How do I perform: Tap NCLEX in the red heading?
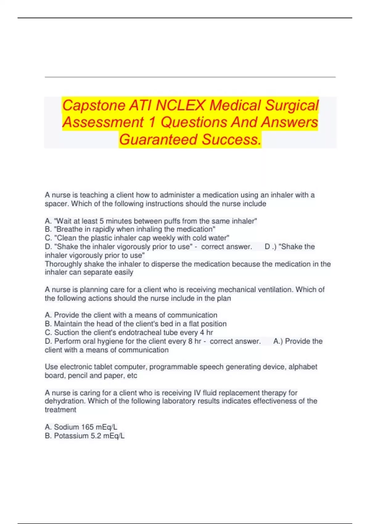tap(180, 105)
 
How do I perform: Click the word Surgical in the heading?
tap(292, 105)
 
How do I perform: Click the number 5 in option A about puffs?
tap(101, 221)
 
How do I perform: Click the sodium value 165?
tap(87, 427)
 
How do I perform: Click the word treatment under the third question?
tap(60, 410)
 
